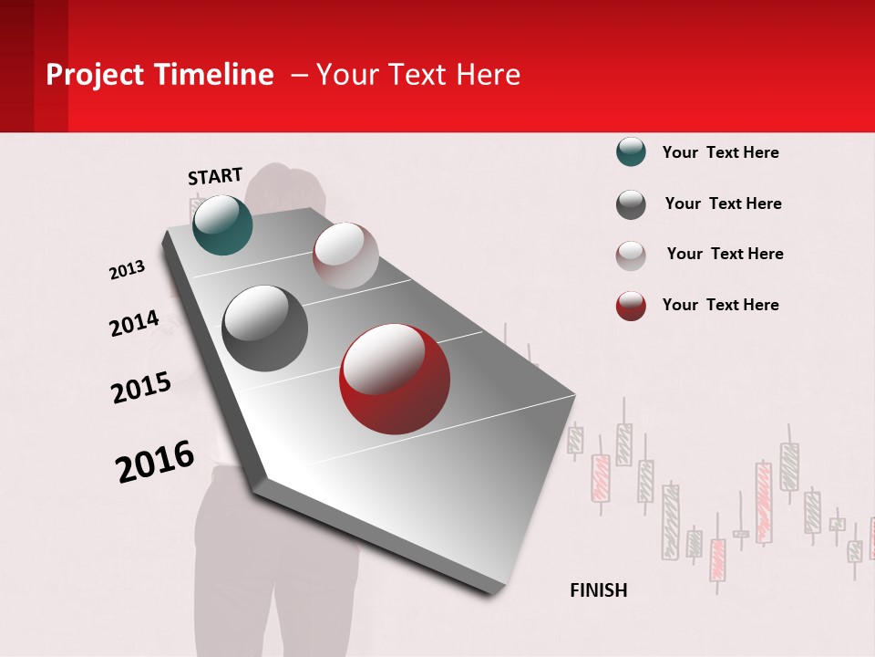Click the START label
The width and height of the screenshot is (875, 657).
point(215,176)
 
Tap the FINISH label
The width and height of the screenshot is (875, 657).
point(598,590)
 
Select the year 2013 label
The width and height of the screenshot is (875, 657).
point(127,270)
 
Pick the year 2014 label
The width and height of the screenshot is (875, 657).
point(134,324)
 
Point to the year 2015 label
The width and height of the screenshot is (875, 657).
point(141,388)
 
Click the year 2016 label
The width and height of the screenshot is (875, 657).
point(155,462)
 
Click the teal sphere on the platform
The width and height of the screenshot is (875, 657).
point(222,224)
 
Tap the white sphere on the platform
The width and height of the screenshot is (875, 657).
point(345,255)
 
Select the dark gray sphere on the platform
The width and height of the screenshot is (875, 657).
point(265,328)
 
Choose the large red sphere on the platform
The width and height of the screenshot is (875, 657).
point(395,379)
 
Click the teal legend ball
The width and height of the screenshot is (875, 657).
point(631,152)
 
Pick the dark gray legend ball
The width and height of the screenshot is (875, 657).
point(631,204)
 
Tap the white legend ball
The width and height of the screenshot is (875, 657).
point(631,255)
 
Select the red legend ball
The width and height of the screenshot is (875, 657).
point(631,306)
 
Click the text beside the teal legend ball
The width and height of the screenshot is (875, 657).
point(720,152)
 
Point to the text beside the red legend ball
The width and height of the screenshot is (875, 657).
point(720,305)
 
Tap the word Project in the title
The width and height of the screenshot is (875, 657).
point(96,75)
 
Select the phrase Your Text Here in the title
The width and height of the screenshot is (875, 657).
point(418,75)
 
